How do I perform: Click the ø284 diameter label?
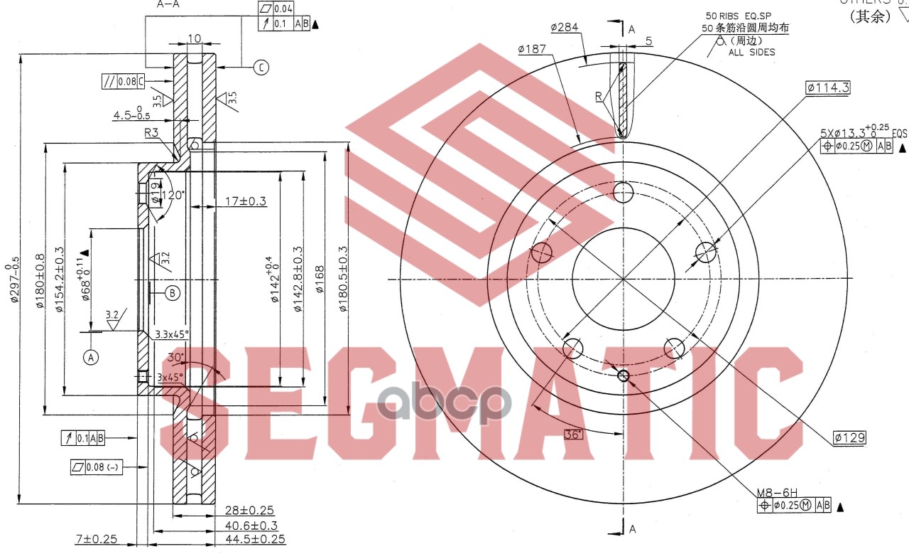566,28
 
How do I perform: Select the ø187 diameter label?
533,49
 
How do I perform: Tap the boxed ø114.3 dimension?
828,87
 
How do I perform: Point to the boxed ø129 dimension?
849,437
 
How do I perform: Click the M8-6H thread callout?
777,492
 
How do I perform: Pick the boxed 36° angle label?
572,434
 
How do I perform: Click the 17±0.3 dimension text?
245,201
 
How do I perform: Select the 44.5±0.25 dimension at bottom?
256,539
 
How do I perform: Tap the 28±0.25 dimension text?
249,511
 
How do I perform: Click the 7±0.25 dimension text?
96,539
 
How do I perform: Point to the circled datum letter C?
261,68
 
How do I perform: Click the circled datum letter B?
173,292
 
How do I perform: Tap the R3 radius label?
151,132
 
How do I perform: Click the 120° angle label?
173,196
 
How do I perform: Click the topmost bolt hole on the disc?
623,192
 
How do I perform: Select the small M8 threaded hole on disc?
624,375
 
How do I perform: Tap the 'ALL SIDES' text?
751,52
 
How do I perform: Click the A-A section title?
168,4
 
